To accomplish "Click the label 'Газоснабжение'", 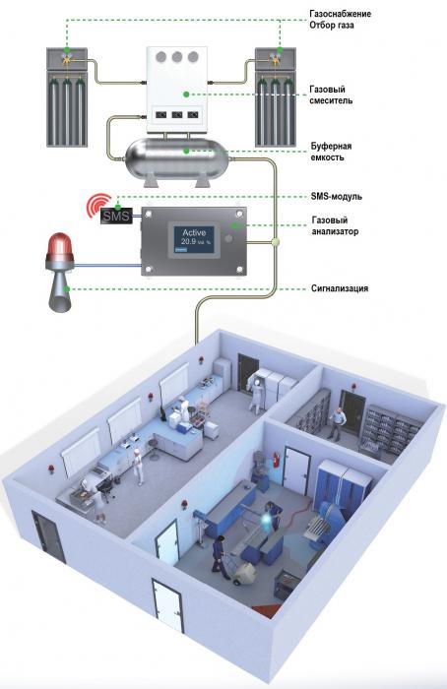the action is [x=341, y=14].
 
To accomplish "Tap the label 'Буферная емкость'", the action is [x=331, y=152].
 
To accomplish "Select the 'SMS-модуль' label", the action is [x=337, y=196].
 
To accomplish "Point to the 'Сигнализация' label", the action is [x=340, y=288].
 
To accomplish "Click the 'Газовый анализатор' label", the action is [x=335, y=225].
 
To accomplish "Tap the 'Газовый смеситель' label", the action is [x=331, y=94].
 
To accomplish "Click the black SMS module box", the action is [x=116, y=216].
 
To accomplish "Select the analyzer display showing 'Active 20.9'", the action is [x=194, y=239].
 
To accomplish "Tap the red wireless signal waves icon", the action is [x=97, y=205].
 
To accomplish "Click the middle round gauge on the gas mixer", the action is [x=177, y=57].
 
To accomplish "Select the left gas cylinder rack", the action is [x=67, y=97].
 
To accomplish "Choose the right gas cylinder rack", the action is [x=276, y=97].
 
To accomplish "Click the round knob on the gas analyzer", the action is [x=228, y=238].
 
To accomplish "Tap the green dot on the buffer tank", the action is [x=186, y=151].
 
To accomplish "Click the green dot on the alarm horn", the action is [x=67, y=288].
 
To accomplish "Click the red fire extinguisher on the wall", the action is [x=277, y=460].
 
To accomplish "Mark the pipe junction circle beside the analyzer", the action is [x=275, y=241].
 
